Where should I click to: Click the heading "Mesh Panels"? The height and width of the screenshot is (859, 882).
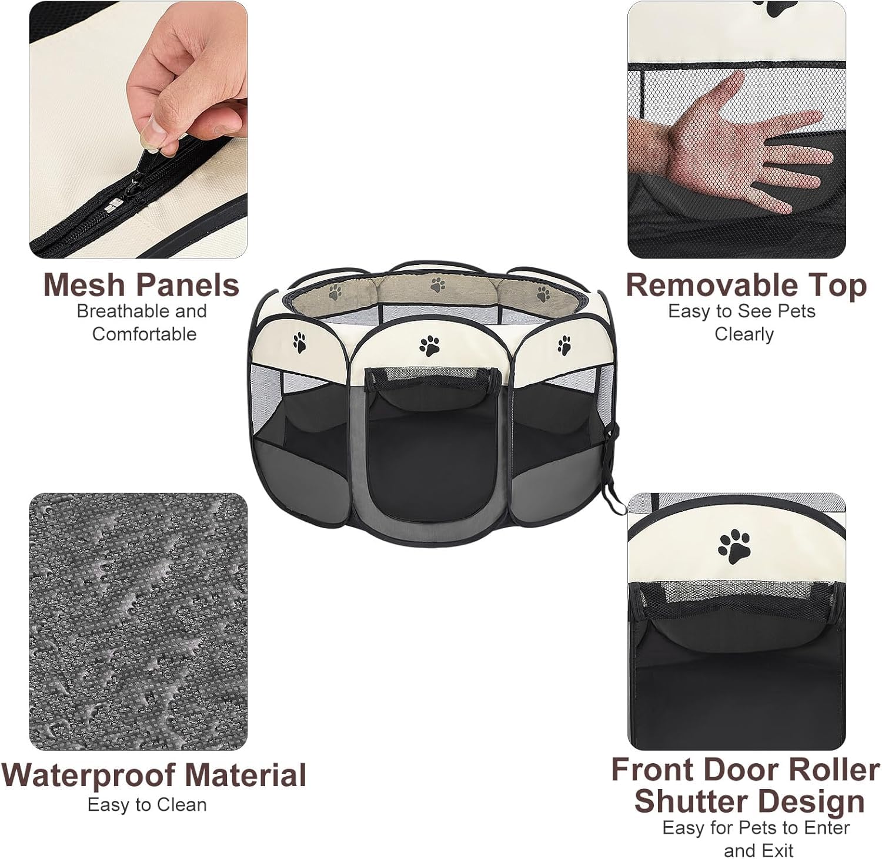pos(141,285)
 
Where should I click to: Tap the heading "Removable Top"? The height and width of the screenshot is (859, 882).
pos(746,286)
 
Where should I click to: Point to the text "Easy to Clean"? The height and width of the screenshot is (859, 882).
pos(147,805)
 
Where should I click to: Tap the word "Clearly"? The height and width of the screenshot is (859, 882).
pos(744,334)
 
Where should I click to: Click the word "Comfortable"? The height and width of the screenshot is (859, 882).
pos(144,334)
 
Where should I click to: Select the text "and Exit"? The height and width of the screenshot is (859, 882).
pos(759,850)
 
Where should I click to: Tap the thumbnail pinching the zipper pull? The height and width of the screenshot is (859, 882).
pos(154,128)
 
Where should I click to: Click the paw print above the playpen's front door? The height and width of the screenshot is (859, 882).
pos(430,345)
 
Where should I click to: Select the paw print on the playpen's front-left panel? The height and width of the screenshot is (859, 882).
pos(300,343)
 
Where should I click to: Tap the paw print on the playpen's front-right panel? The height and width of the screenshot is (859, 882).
pos(564,345)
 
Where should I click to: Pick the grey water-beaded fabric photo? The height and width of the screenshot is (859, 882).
pos(138,622)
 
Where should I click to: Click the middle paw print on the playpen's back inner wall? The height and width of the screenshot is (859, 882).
pos(437,286)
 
